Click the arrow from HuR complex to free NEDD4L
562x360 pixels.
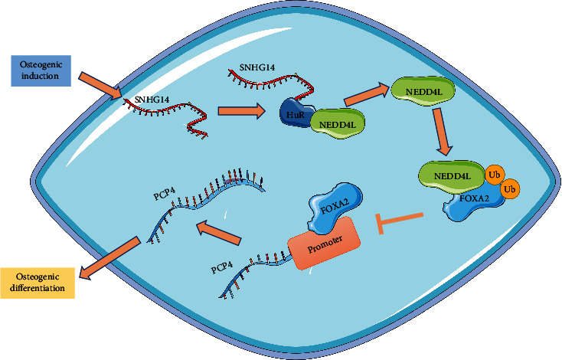tap(366, 91)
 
